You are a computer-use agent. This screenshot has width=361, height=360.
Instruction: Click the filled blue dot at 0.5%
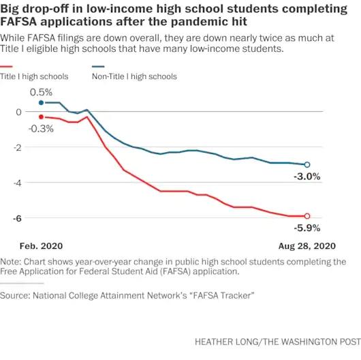pos(42,102)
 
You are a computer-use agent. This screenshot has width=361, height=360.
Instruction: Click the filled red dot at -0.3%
pos(42,117)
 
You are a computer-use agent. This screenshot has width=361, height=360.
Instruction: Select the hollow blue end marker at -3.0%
pos(307,164)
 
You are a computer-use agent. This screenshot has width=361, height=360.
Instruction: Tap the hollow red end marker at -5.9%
pos(307,216)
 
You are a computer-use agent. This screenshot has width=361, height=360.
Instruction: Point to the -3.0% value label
pos(307,177)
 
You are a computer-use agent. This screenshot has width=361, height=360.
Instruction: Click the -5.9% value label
pos(307,228)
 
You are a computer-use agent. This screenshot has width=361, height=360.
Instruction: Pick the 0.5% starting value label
pos(41,93)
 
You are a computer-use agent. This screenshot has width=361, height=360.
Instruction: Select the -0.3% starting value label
pos(41,129)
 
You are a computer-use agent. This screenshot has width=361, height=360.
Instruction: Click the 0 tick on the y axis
pos(18,112)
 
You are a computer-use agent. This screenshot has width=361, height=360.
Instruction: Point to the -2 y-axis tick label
pos(18,147)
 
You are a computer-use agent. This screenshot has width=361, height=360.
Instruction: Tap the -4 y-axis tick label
pos(18,183)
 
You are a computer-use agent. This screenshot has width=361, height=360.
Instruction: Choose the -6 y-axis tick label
pos(18,218)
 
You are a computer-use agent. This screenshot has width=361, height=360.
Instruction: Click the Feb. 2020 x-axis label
pos(42,246)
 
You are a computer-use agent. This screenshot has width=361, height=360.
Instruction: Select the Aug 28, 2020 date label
pos(307,246)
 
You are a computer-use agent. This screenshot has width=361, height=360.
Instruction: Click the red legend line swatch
pos(6,67)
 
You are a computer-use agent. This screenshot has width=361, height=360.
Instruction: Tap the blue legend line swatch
pos(98,67)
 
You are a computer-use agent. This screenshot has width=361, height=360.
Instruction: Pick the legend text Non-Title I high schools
pos(134,76)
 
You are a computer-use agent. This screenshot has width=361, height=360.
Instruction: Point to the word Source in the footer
pos(15,295)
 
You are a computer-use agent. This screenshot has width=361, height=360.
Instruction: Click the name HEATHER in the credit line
pos(212,342)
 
